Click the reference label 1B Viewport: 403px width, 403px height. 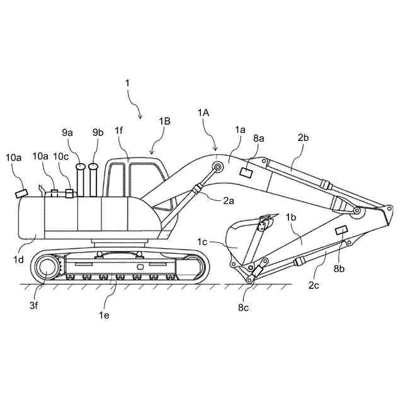pyautogui.click(x=165, y=121)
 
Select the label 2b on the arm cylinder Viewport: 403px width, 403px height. pyautogui.click(x=303, y=137)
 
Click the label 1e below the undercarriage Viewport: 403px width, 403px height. pyautogui.click(x=103, y=315)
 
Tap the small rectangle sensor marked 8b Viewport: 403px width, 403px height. pyautogui.click(x=343, y=230)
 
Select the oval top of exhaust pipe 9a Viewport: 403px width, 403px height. pyautogui.click(x=81, y=167)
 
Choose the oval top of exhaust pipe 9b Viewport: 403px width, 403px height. pyautogui.click(x=94, y=167)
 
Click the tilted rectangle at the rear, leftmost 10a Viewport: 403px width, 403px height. pyautogui.click(x=21, y=193)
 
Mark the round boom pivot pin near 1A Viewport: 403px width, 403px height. pyautogui.click(x=219, y=167)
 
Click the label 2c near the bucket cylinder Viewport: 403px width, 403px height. pyautogui.click(x=314, y=285)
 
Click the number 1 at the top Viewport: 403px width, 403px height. pyautogui.click(x=128, y=82)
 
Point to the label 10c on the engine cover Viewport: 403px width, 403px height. pyautogui.click(x=61, y=156)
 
